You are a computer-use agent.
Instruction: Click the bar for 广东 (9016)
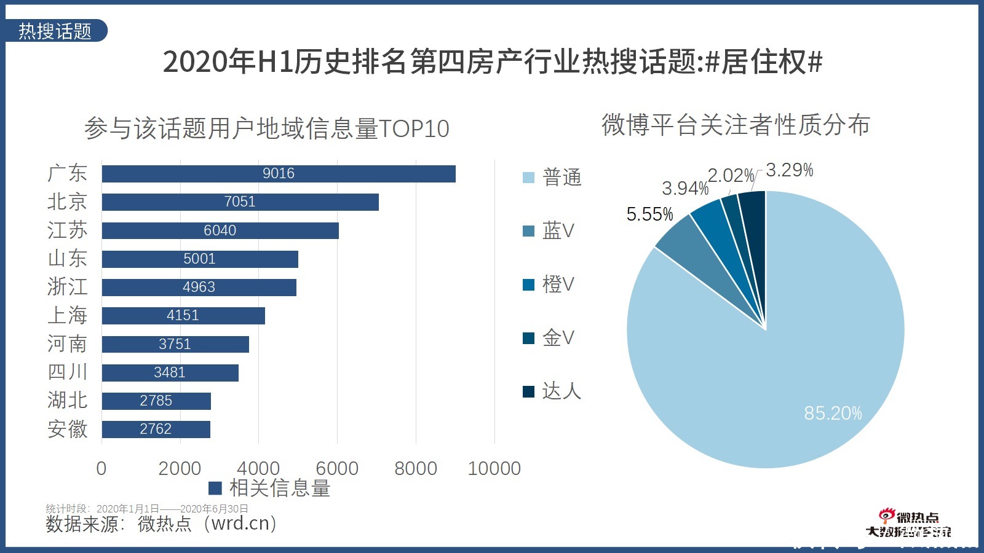[x=279, y=174]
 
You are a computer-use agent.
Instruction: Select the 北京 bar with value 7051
[x=240, y=202]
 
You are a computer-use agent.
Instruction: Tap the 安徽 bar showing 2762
[x=156, y=429]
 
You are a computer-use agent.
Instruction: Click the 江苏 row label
[x=67, y=230]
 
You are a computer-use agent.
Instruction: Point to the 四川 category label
[x=67, y=372]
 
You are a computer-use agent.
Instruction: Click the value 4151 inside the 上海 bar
[x=183, y=316]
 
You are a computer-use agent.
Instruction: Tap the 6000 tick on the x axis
[x=337, y=468]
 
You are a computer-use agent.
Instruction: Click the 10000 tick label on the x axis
[x=494, y=468]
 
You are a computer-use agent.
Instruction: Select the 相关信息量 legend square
[x=215, y=488]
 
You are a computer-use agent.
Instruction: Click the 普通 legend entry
[x=552, y=178]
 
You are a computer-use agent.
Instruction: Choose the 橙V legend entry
[x=549, y=284]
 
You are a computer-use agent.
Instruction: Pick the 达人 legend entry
[x=552, y=391]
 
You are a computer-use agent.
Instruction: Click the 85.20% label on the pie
[x=833, y=414]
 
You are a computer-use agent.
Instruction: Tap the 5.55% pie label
[x=649, y=214]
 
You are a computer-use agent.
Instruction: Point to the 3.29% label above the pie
[x=789, y=170]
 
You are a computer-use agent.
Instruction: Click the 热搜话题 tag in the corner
[x=55, y=31]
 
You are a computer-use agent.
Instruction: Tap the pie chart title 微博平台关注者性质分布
[x=736, y=125]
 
